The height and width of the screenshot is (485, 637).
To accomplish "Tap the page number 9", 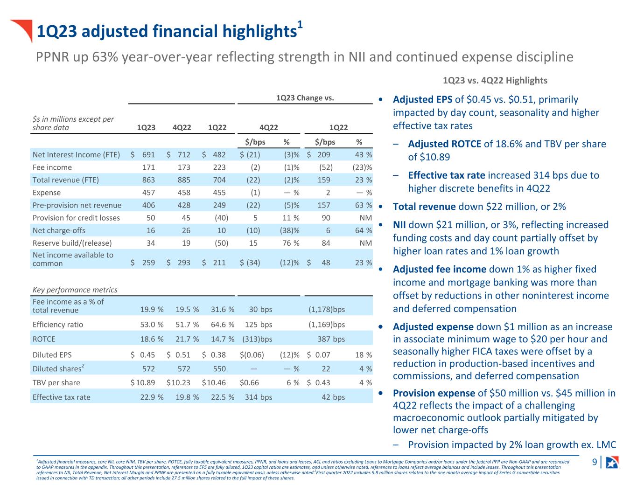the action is click(595, 462).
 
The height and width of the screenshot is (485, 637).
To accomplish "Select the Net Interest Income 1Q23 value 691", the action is click(148, 155).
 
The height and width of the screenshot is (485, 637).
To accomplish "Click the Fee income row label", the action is click(52, 167).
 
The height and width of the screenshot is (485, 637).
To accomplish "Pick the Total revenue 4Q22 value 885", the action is click(184, 180).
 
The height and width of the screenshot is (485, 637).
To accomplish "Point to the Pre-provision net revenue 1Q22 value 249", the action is click(219, 205).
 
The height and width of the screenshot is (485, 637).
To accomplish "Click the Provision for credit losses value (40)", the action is click(221, 218).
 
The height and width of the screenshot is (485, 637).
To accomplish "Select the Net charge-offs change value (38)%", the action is click(289, 230).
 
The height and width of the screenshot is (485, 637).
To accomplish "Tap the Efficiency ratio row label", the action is click(58, 325).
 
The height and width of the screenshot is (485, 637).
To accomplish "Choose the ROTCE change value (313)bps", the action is click(257, 339).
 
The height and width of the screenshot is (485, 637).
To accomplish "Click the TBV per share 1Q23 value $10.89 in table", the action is click(142, 383).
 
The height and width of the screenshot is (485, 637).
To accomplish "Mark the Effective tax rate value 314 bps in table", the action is click(258, 397).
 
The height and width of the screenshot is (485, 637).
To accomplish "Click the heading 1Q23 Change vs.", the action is click(305, 97).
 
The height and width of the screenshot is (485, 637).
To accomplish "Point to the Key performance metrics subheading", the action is click(75, 290).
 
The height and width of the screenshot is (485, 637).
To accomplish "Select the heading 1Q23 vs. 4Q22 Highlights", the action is click(495, 80).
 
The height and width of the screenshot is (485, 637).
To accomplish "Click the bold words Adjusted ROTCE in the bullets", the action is click(444, 144).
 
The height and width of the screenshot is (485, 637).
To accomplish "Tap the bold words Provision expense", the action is click(434, 393).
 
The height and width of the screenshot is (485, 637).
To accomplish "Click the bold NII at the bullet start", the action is click(399, 225).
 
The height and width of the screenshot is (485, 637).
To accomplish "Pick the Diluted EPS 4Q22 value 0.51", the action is click(182, 355).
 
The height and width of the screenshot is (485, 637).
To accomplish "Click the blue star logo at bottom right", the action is click(612, 462).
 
